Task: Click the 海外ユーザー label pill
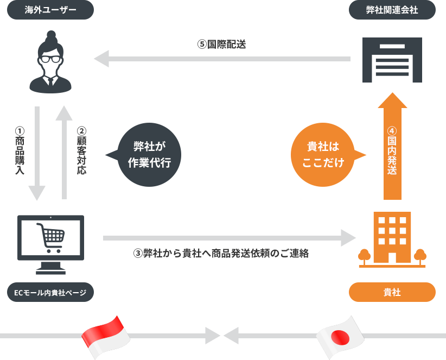pos(50,10)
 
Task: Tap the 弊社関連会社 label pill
pos(392,10)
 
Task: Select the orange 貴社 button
pos(392,292)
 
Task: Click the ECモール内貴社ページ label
pos(50,292)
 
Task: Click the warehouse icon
pos(392,60)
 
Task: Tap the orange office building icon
pos(392,239)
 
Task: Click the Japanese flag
pos(340,336)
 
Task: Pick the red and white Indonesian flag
pos(106,336)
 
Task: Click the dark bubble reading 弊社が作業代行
pos(149,155)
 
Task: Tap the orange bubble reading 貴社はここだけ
pos(323,155)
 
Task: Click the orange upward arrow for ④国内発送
pos(392,147)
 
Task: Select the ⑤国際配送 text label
pos(221,45)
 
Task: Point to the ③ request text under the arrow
pos(221,254)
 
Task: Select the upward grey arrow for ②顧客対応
pos(64,152)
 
